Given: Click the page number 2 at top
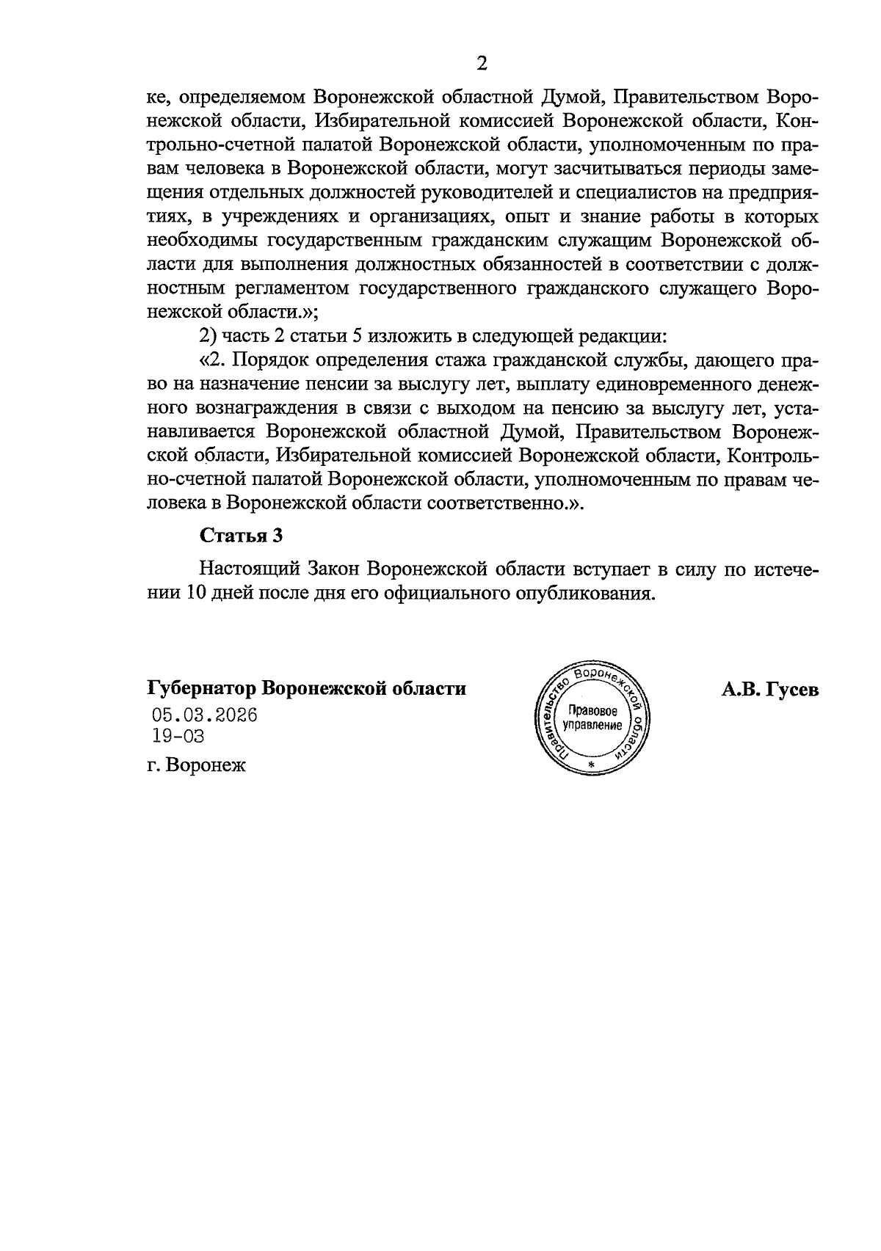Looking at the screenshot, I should [482, 64].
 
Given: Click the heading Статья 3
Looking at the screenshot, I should [241, 536].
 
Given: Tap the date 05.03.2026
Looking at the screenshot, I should [205, 715].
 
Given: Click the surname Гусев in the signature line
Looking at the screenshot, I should [791, 690].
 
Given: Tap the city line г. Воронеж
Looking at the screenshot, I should [197, 765].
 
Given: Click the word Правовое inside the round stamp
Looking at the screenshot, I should [593, 711].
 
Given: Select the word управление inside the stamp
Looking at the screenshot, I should [592, 725].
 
